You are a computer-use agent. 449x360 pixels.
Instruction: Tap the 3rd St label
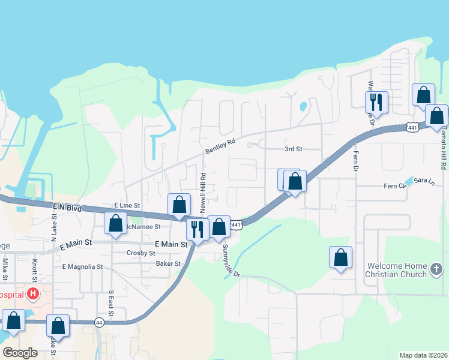(293, 149)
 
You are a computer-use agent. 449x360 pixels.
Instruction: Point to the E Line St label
(127, 205)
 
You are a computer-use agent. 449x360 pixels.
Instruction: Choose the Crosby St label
(142, 253)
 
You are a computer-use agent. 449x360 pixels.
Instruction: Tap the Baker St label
(168, 263)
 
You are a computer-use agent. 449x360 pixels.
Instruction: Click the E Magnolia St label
(83, 266)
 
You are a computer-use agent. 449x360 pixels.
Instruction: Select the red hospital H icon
(34, 294)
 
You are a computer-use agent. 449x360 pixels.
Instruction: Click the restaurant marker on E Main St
(197, 229)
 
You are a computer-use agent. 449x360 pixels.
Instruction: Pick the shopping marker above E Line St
(179, 205)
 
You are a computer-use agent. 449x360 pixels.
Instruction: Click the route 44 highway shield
(98, 322)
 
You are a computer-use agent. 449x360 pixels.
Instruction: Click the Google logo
(20, 353)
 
